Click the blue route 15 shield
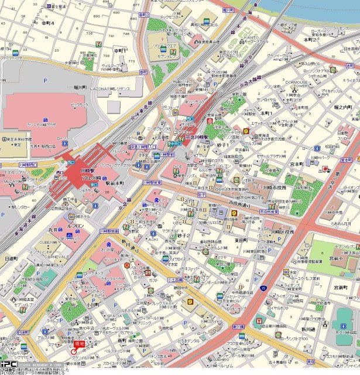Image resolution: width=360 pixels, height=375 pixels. pos(263,288)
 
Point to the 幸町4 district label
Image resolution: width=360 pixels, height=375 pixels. pos(47,23)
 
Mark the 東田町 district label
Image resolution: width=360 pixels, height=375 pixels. pos(242,240)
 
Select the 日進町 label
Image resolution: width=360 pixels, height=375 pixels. pos(11,258)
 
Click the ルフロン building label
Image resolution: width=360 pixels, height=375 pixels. pos(75,226)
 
